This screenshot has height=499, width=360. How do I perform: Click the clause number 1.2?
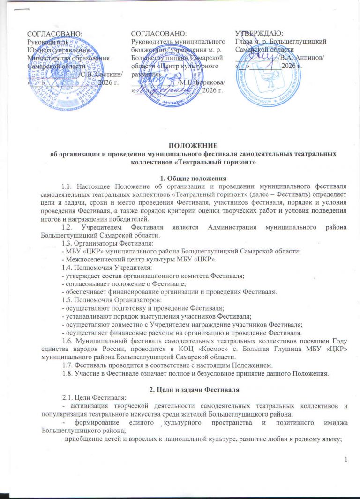[x=68, y=227]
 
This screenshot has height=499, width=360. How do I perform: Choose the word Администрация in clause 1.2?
[x=228, y=227]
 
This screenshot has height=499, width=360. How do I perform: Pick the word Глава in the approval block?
[x=244, y=41]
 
